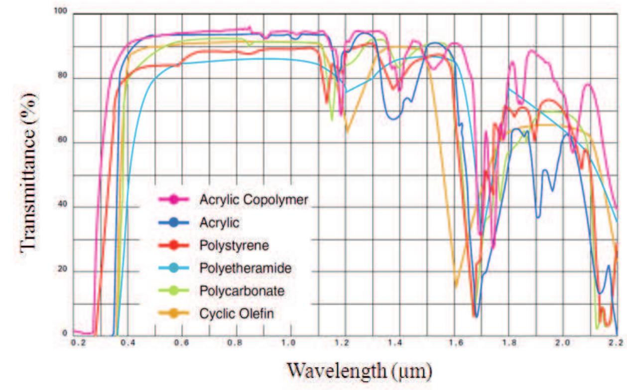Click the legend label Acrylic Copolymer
[x=254, y=200]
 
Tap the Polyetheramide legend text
[x=245, y=268]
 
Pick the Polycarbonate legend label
[x=242, y=291]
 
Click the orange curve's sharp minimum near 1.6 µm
[x=455, y=287]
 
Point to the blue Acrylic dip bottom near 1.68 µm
[x=477, y=316]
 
